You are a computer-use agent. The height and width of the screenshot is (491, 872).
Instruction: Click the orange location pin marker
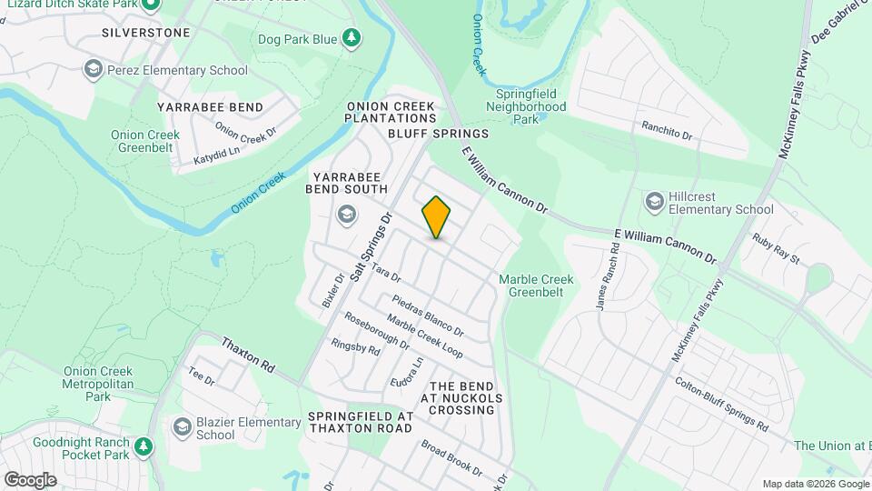pos(436,216)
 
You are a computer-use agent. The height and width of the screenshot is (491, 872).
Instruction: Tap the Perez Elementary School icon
pos(92,69)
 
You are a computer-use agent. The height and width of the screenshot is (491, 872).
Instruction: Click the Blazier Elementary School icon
pos(182,427)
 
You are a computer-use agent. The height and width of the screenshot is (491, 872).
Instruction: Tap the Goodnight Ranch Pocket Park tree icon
pos(143,446)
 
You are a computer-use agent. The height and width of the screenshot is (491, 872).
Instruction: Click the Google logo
pos(30,479)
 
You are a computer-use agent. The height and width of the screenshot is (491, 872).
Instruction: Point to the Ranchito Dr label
pos(667,132)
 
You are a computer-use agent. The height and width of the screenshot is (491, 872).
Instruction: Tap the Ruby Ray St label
pos(775,249)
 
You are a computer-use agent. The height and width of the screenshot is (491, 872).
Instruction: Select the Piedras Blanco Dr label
pos(428,314)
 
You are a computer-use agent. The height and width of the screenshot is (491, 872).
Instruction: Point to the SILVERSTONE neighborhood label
pos(146,33)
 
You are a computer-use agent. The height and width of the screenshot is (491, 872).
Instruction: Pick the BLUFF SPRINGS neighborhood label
pos(438,134)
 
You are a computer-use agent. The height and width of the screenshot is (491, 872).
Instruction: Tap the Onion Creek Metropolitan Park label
pos(98,384)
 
